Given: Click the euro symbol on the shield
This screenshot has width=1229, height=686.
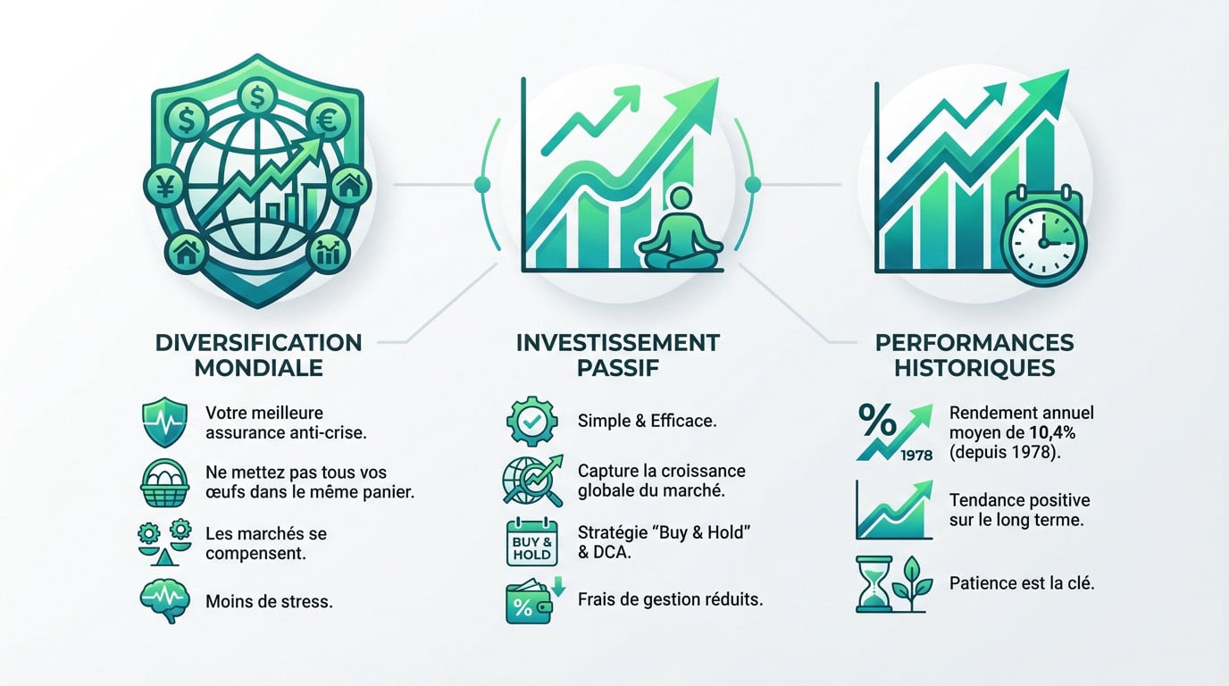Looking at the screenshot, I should click(322, 123).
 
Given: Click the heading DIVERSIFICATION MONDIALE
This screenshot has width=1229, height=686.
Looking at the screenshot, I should click(258, 355).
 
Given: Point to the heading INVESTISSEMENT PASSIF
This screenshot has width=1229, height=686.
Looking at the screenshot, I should click(617, 355).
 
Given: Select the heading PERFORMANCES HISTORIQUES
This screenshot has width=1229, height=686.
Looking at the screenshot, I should click(974, 355).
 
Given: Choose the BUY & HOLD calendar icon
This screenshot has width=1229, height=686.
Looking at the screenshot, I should click(531, 542).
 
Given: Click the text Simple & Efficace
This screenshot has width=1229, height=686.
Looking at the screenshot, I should click(647, 421).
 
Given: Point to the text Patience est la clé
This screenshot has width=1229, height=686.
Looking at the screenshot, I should click(1022, 583).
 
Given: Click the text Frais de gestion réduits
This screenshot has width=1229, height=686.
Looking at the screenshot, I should click(670, 599).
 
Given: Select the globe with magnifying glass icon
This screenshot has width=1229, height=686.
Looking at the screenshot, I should click(530, 481).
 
